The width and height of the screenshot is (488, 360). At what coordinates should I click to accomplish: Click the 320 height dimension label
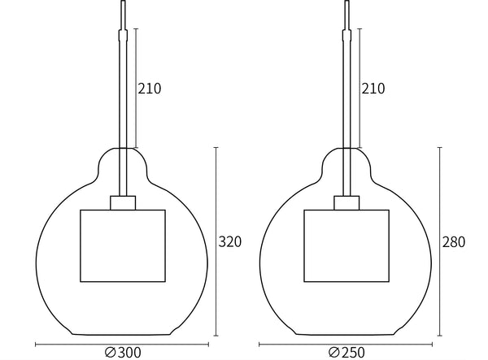pyautogui.click(x=230, y=242)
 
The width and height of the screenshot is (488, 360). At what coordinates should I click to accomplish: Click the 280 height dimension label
pyautogui.click(x=454, y=242)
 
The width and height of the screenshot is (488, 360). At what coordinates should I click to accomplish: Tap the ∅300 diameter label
pyautogui.click(x=123, y=353)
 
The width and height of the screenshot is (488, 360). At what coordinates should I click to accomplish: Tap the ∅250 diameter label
pyautogui.click(x=346, y=353)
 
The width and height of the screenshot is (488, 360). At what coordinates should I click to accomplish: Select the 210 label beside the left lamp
pyautogui.click(x=150, y=89)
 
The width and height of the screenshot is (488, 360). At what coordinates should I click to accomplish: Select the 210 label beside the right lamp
pyautogui.click(x=373, y=89)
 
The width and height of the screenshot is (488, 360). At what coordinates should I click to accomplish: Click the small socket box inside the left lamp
pyautogui.click(x=123, y=203)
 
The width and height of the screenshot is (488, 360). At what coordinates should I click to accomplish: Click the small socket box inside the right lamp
pyautogui.click(x=346, y=203)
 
